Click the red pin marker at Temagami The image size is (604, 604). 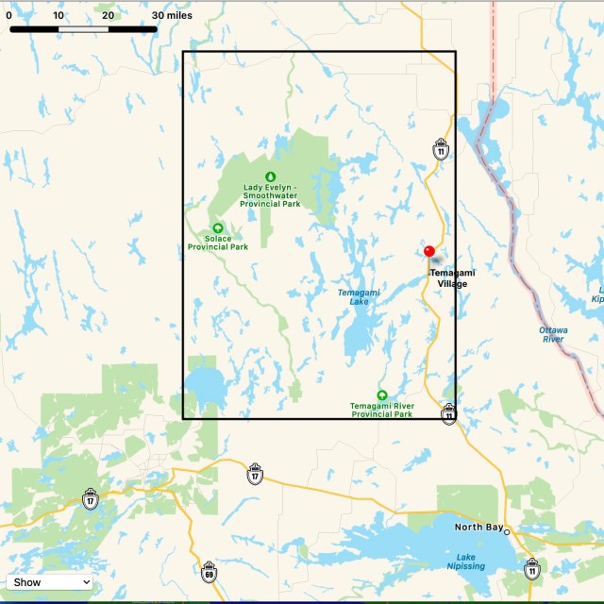click(429, 251)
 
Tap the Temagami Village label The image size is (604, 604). click(452, 278)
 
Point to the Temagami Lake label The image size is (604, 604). click(359, 296)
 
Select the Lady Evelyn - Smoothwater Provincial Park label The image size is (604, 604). click(271, 195)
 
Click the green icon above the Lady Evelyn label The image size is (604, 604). click(270, 176)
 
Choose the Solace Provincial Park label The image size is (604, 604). click(218, 243)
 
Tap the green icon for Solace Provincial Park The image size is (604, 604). click(218, 227)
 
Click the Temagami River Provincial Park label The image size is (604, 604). click(381, 410)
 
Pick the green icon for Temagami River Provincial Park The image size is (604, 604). click(382, 394)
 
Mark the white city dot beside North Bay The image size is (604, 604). click(507, 532)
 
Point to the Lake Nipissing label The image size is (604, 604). click(466, 562)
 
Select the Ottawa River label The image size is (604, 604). click(553, 334)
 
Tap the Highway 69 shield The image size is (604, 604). click(209, 573)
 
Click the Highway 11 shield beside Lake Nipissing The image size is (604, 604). click(532, 568)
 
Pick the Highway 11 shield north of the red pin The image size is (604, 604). click(441, 148)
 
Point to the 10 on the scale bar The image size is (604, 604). click(59, 15)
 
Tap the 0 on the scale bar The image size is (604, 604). click(8, 15)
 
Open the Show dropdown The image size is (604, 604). click(50, 582)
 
